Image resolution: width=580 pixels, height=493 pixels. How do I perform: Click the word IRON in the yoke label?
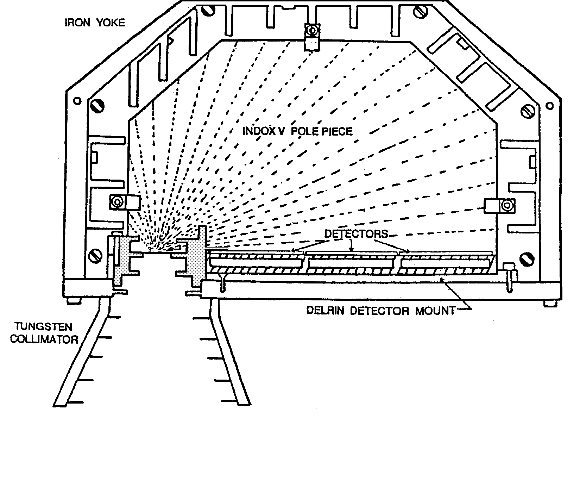pos(75,23)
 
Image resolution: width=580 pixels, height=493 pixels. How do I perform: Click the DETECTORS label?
pos(356,234)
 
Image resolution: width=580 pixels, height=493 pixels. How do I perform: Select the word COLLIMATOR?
pos(44,339)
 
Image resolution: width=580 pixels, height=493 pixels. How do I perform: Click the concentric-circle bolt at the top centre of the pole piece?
pos(312,31)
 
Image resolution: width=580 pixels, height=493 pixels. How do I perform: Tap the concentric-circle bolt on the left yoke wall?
pos(116,202)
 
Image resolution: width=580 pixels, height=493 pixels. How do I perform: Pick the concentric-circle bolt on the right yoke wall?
pos(507,205)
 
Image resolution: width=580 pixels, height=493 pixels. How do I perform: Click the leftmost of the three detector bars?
pos(256,262)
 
